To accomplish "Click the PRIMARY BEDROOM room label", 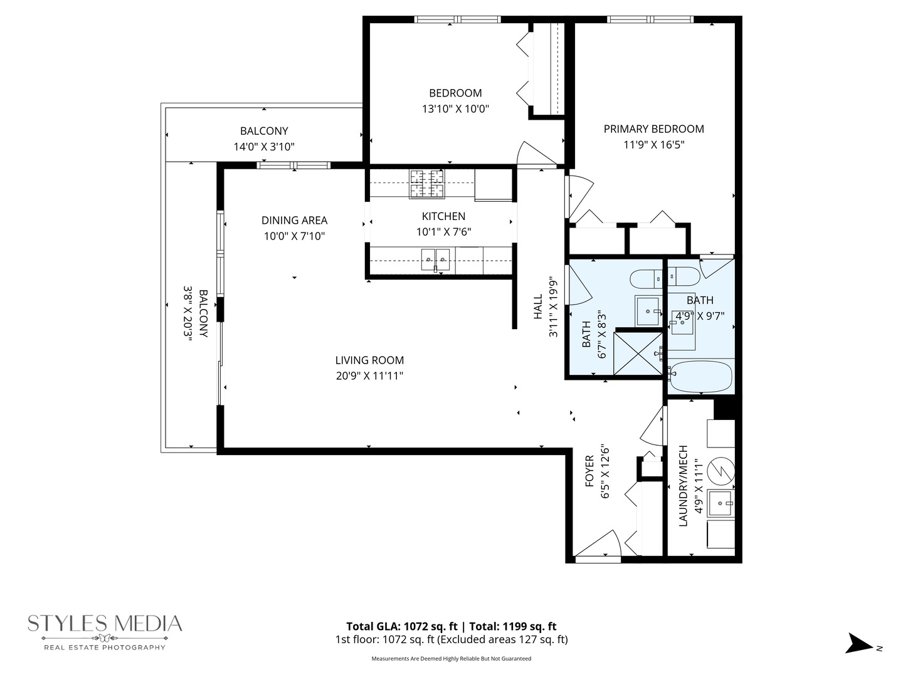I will [653, 129].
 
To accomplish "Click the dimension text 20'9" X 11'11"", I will [369, 376].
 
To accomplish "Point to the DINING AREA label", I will [294, 221].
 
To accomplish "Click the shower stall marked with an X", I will [638, 354].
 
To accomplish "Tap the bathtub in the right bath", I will [700, 375].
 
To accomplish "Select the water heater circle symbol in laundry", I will [721, 471].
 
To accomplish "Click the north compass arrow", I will [858, 644].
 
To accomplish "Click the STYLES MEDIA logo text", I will [105, 624].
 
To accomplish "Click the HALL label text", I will [538, 307].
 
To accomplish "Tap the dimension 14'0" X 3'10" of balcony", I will [264, 147].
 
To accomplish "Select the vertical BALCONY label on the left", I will [203, 313].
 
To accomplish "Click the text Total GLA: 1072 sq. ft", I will [401, 626].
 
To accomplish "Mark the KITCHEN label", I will [443, 216].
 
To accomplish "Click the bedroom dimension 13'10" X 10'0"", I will [455, 109].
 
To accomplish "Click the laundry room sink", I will [721, 503].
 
